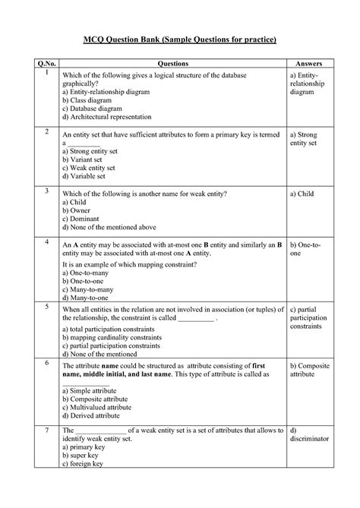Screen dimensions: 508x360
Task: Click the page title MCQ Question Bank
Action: pos(179,38)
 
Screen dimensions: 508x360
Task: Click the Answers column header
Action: pos(306,62)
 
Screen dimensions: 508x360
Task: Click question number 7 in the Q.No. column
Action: pos(46,431)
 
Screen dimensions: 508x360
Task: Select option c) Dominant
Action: pos(81,219)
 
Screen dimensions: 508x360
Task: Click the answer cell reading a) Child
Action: pos(301,194)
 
